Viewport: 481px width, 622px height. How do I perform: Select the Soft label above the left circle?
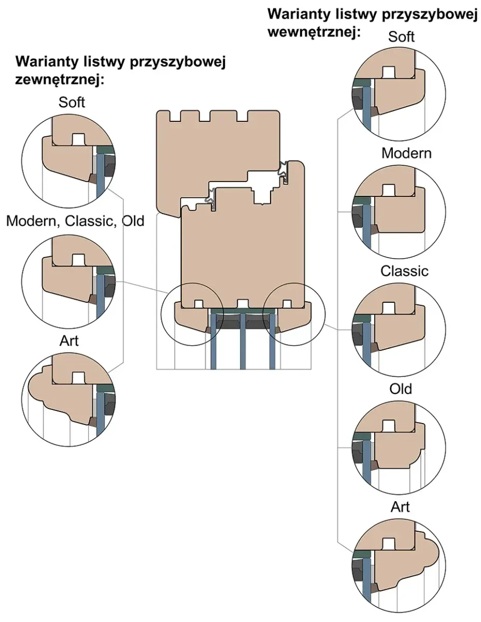coord(72,102)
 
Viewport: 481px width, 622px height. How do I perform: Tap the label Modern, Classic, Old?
coord(75,221)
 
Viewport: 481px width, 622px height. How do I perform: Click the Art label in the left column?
coord(69,341)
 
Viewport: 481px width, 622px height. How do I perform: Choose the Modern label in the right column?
coord(406,153)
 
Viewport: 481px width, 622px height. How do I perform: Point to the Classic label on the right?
coord(404,271)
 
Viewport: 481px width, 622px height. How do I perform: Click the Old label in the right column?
coord(401,388)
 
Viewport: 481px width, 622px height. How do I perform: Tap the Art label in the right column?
coord(400,506)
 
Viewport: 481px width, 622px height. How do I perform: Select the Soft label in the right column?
coord(401,36)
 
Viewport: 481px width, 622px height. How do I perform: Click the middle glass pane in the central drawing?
coord(242,342)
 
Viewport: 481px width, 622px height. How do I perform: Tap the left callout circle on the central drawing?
coord(192,314)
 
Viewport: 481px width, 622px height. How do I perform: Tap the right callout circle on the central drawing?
coord(293,314)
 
